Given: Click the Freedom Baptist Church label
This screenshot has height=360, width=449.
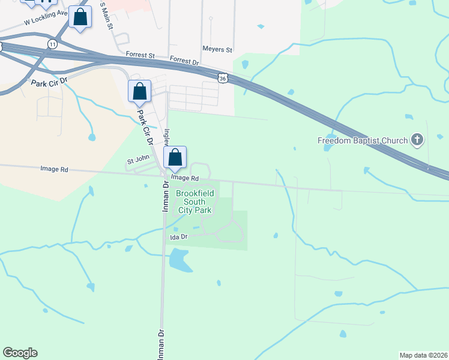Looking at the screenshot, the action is point(363,141).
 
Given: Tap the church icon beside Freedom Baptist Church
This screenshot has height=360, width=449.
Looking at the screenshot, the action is point(417,140).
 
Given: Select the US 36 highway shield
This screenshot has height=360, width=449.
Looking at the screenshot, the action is point(223,78).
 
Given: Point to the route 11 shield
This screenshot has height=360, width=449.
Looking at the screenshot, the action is point(53,44).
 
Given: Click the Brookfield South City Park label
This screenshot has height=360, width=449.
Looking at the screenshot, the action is point(194,202).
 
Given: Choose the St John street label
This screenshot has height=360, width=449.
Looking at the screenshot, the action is point(137,161).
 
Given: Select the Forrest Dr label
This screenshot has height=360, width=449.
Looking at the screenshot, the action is point(184,61).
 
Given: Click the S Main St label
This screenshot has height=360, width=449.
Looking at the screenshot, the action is point(105,13).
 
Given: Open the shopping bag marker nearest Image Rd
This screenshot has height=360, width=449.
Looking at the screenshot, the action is point(175,158).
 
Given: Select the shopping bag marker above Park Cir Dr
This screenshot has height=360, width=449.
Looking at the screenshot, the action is point(139,92).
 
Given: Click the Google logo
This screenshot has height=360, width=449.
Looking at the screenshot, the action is point(20,353).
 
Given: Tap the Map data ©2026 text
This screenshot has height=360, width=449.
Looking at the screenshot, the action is point(423,355).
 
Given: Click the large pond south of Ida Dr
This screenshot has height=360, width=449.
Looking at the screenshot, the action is point(179,260).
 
